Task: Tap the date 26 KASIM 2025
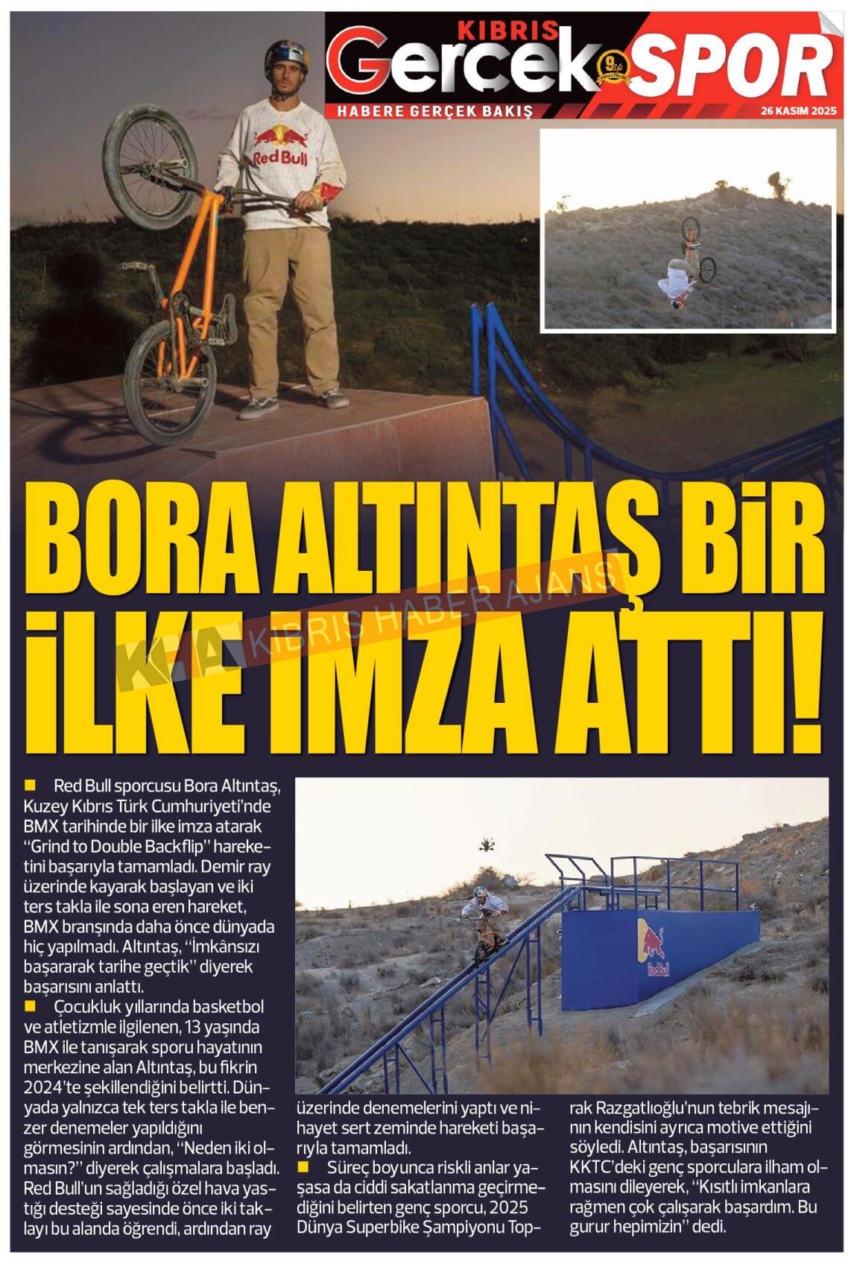[x=799, y=110]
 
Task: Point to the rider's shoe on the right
[x=332, y=399]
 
